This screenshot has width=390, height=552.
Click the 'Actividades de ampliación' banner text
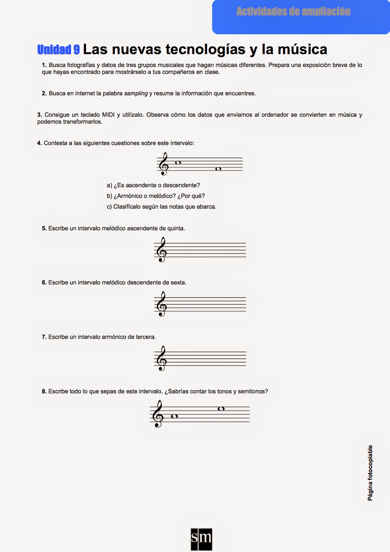pyautogui.click(x=293, y=12)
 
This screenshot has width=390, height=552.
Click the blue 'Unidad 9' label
pyautogui.click(x=58, y=50)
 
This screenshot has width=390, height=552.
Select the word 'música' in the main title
pyautogui.click(x=302, y=49)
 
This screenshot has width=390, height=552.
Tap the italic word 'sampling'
pyautogui.click(x=136, y=93)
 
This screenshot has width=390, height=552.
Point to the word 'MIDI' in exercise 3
pyautogui.click(x=108, y=115)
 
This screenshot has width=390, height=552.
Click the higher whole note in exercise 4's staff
pyautogui.click(x=178, y=162)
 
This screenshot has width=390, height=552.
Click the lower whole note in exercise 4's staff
pyautogui.click(x=218, y=169)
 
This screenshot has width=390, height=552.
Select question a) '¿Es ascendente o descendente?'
pyautogui.click(x=153, y=185)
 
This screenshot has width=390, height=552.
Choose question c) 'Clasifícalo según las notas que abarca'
pyautogui.click(x=161, y=207)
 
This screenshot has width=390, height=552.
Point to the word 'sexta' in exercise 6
pyautogui.click(x=178, y=283)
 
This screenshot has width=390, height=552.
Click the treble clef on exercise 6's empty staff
pyautogui.click(x=161, y=304)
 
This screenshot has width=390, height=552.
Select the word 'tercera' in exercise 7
pyautogui.click(x=145, y=337)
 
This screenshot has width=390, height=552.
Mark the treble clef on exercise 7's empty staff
pyautogui.click(x=161, y=358)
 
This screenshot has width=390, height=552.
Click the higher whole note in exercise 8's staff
pyautogui.click(x=221, y=409)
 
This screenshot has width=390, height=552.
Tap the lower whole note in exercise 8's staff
pyautogui.click(x=174, y=416)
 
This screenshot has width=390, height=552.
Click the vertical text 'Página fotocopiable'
pyautogui.click(x=370, y=473)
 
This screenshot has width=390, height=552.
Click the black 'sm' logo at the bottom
pyautogui.click(x=201, y=539)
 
